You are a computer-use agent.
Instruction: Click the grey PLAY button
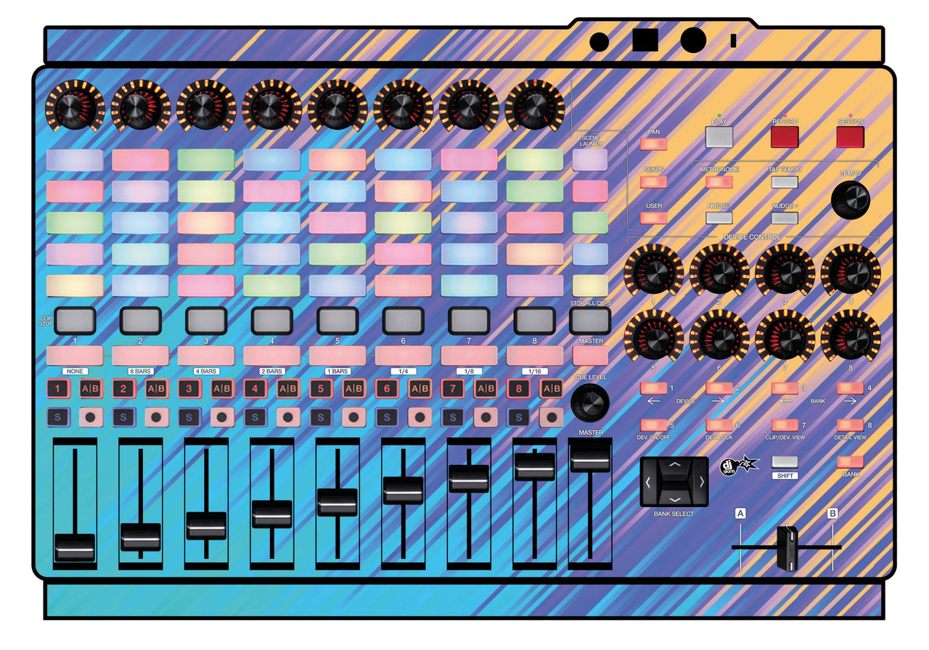pos(719,136)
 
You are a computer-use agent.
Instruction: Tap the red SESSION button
pos(850,137)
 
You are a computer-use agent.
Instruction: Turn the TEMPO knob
pos(851,200)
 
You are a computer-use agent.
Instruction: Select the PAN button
pos(653,144)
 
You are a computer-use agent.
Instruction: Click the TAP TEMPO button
pos(785,182)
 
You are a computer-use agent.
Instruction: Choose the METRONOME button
pos(719,182)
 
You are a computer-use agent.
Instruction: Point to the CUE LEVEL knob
pos(589,403)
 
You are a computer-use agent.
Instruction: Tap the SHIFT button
pos(784,462)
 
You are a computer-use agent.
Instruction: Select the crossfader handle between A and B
pos(787,547)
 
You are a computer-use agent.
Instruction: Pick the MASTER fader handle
pos(589,458)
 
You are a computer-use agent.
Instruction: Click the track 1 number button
pos(58,389)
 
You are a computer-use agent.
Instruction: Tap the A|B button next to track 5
pos(354,389)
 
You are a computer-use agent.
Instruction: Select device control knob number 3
pos(785,273)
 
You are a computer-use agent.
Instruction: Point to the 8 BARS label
pos(139,371)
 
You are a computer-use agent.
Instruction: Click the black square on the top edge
pos(644,40)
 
